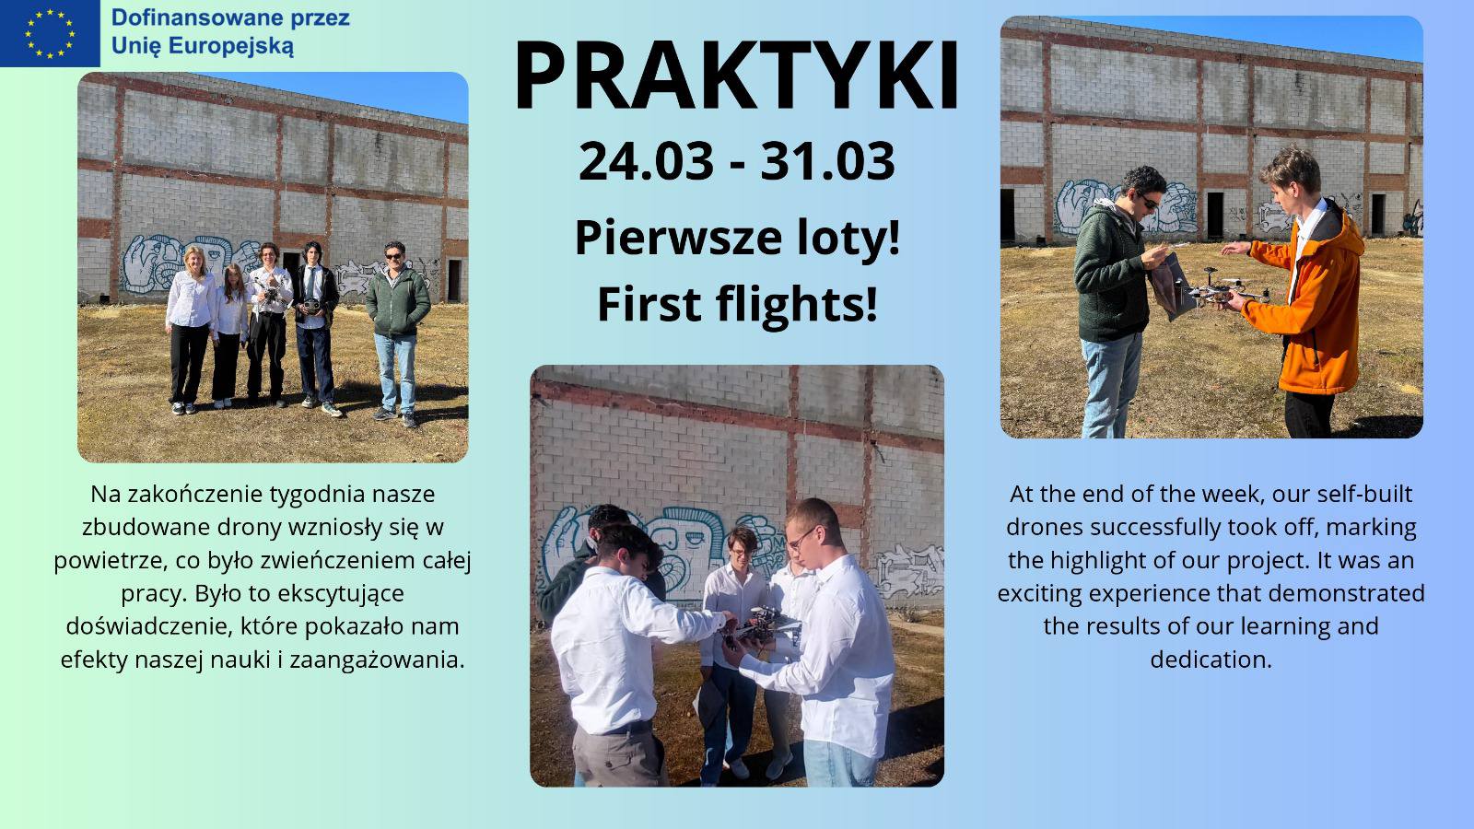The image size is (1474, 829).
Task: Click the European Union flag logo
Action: coord(50,33)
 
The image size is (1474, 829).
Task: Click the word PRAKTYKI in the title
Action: coord(736,76)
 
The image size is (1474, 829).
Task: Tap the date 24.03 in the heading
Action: coord(646,161)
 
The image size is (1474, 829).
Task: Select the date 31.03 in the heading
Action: coord(828,161)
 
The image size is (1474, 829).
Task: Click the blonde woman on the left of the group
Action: coord(190,329)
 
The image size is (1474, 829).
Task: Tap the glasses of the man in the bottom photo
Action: coord(801,538)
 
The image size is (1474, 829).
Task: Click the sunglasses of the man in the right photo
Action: coord(1150,202)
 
